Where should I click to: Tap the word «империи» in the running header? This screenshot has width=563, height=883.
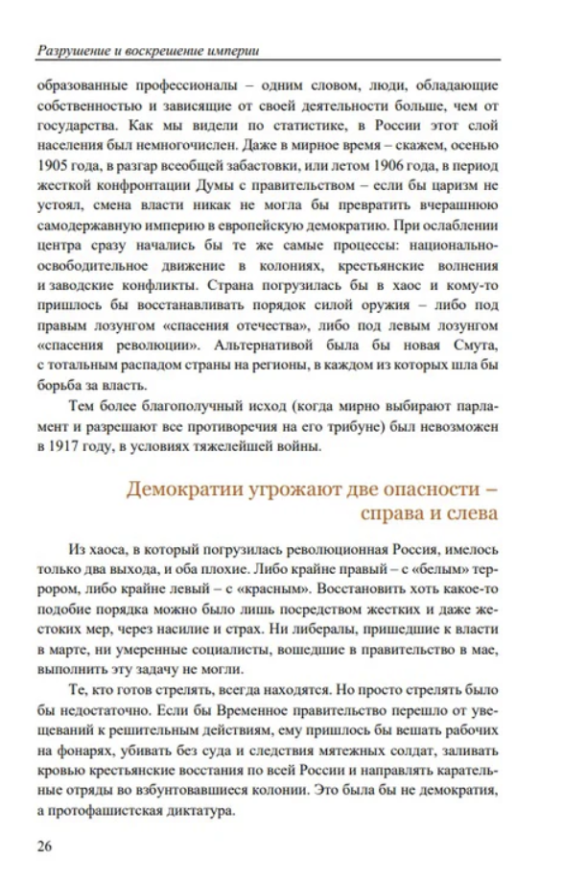pos(236,47)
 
